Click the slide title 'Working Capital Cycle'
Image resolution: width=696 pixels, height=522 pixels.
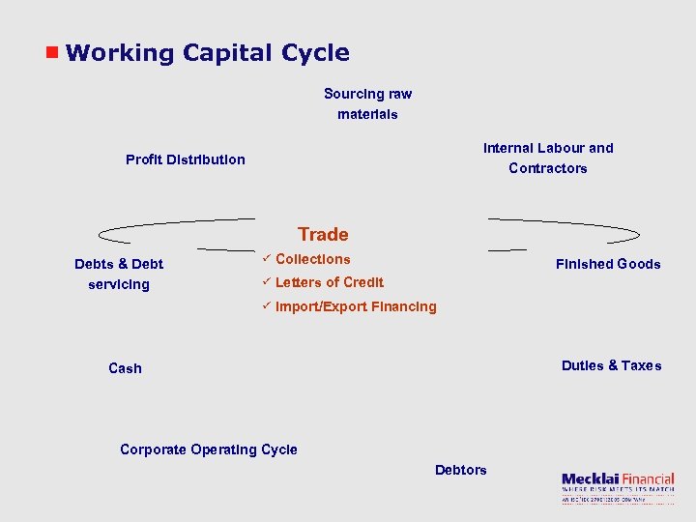pyautogui.click(x=208, y=53)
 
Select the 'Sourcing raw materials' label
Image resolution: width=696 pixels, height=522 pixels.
pyautogui.click(x=367, y=104)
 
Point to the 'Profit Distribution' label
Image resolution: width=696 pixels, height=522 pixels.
pyautogui.click(x=186, y=159)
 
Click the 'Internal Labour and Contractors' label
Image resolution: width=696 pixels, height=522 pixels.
pyautogui.click(x=548, y=158)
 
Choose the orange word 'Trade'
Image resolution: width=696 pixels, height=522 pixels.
pyautogui.click(x=323, y=234)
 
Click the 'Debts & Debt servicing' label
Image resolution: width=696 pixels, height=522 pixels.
pyautogui.click(x=119, y=274)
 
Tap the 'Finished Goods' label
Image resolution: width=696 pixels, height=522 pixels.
pyautogui.click(x=608, y=264)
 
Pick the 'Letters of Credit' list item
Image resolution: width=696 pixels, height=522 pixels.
pyautogui.click(x=330, y=282)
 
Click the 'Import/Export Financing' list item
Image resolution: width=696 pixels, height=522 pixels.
pyautogui.click(x=356, y=306)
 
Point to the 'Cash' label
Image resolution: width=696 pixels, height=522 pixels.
pyautogui.click(x=125, y=368)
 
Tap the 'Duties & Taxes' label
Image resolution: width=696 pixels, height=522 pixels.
pyautogui.click(x=612, y=365)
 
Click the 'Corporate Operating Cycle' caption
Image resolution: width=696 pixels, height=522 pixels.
pyautogui.click(x=209, y=449)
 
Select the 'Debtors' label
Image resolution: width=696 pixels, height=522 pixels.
pyautogui.click(x=461, y=470)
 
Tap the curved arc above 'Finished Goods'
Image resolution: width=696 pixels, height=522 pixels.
pyautogui.click(x=570, y=230)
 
